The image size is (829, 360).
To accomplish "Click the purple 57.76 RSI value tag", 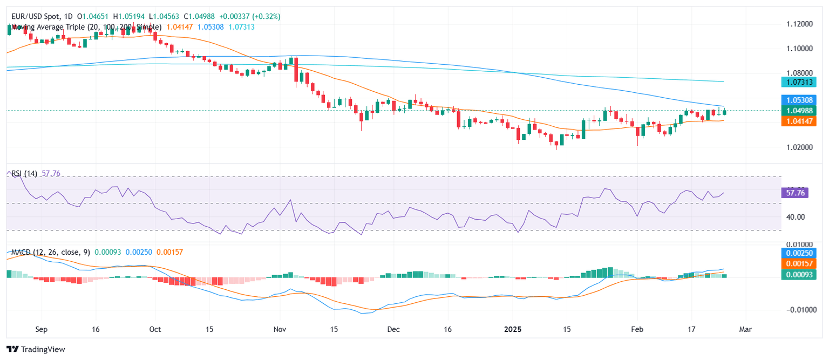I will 796,193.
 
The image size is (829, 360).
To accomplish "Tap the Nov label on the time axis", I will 279,329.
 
